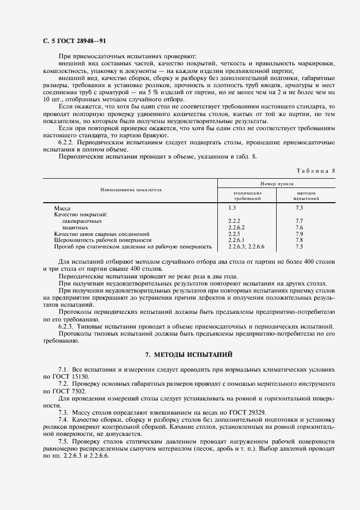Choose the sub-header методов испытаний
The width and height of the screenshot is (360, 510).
coord(307,196)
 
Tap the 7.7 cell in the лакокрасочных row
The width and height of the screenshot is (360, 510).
coord(298,221)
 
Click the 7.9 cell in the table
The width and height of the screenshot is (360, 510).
coord(298,233)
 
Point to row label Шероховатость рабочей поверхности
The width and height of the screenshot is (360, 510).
coord(102,240)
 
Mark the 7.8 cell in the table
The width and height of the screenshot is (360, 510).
coord(298,240)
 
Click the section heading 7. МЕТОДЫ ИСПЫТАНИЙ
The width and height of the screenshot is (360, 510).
coord(188,355)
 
